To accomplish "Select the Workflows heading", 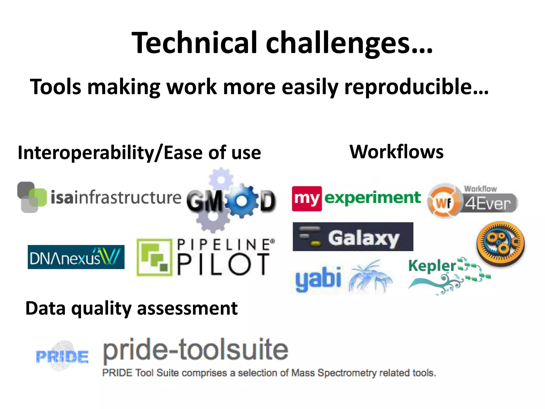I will coord(396,152).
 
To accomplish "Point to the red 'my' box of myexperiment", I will coord(307,199).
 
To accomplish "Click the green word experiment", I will coord(373,198).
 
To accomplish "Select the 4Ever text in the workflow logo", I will coord(488,203).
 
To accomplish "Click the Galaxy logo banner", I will coord(353,237).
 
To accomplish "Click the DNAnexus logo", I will coord(76,257).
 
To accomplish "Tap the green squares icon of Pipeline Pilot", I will coord(154,257).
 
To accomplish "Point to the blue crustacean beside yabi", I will coord(370,277).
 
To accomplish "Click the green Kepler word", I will coord(432,266).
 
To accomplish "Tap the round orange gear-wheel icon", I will coord(500,244).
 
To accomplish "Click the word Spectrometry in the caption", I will coord(347,373).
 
